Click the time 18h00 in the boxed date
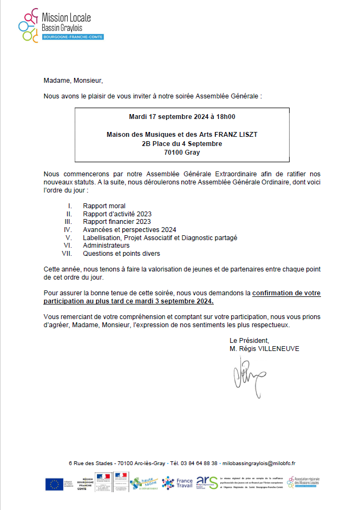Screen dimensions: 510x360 [x=225, y=116]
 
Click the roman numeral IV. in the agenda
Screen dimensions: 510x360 [x=68, y=229]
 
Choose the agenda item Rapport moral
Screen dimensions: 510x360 [x=104, y=206]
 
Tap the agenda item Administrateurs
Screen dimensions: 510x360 [x=106, y=245]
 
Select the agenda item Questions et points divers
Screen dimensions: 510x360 [x=121, y=253]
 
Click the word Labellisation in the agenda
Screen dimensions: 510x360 [x=101, y=237]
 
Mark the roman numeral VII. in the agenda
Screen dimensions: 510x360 [x=67, y=253]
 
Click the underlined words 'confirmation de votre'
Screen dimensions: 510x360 [x=286, y=293]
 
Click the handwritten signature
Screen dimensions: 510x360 [x=241, y=375]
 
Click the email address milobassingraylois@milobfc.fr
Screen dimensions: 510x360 [x=259, y=463]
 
